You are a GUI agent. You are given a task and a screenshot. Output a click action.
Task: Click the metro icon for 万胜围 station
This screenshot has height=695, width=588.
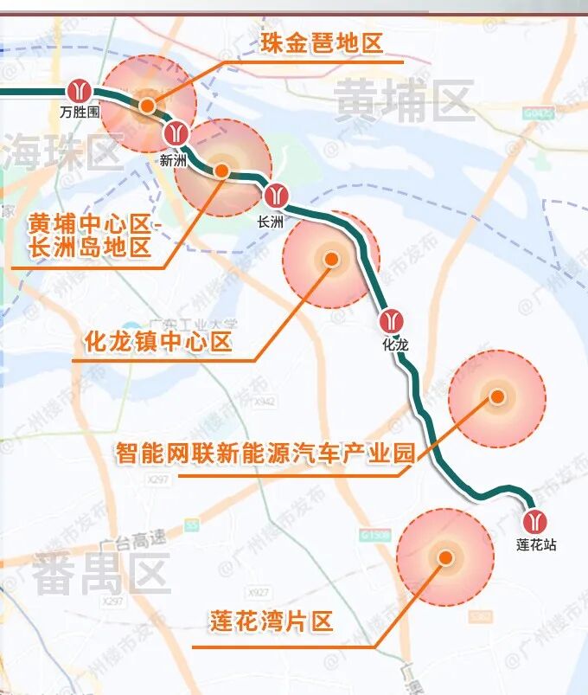tap(80, 90)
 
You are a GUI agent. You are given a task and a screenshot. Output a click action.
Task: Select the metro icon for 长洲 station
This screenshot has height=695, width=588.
tap(276, 195)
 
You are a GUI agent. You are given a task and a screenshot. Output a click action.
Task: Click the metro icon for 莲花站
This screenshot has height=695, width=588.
tap(536, 519)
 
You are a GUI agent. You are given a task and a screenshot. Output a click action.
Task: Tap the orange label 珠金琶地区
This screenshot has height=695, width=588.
tap(321, 42)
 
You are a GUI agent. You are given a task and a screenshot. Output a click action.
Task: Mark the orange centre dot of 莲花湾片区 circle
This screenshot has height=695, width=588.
tap(445, 557)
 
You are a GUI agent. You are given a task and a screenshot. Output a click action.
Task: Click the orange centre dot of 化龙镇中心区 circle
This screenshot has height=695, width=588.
tap(330, 259)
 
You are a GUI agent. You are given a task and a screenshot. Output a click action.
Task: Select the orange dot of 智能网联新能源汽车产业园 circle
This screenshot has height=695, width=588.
tap(497, 397)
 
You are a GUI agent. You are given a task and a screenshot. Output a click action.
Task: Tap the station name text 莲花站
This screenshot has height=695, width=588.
tap(536, 544)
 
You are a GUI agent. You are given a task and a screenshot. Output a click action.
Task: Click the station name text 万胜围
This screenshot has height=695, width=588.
tap(80, 112)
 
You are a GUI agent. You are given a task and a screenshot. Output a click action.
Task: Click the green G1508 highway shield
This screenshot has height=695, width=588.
tap(376, 536)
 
